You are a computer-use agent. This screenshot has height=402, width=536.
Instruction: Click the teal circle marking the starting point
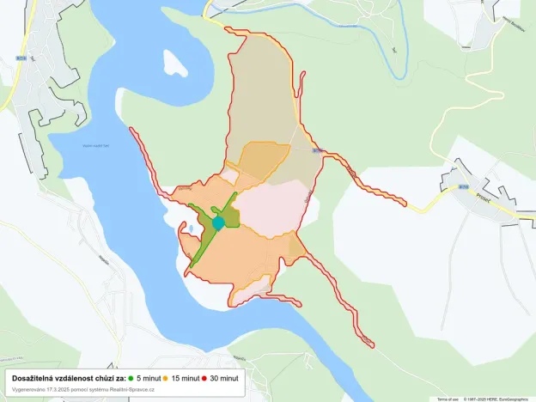218,223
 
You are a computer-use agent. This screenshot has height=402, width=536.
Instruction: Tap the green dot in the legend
131,378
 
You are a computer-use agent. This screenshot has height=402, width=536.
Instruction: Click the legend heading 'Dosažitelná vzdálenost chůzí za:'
69,378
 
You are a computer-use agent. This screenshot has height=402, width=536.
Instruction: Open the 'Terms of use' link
448,399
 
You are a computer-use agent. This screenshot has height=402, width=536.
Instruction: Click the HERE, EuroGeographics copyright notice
498,399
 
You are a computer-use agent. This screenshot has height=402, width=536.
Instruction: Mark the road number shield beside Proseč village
464,186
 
